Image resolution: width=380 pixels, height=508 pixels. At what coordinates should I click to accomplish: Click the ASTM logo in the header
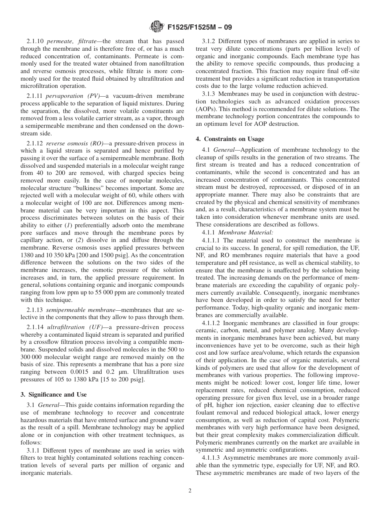(x=156, y=28)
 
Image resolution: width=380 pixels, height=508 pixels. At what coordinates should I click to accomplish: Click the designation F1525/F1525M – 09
(x=199, y=28)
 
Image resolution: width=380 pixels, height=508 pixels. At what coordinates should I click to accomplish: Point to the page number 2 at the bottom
(x=190, y=491)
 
